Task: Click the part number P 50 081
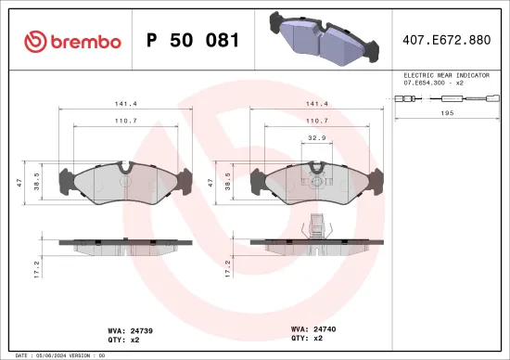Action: pyautogui.click(x=194, y=41)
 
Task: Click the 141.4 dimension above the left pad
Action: pyautogui.click(x=124, y=105)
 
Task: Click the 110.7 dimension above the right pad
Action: pyautogui.click(x=315, y=121)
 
